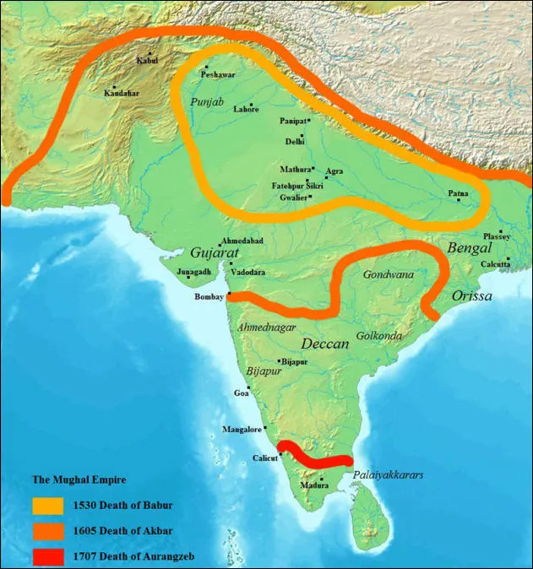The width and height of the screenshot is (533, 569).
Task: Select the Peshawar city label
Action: (215, 75)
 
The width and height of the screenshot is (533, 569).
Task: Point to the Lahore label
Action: (247, 111)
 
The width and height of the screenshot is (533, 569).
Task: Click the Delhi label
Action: (295, 141)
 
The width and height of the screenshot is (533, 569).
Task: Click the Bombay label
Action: (209, 298)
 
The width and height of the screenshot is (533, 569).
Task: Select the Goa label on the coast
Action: (242, 393)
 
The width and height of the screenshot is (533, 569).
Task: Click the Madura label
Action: (314, 486)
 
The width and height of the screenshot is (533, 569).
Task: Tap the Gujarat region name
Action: (215, 253)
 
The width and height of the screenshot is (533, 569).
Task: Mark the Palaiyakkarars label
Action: (388, 474)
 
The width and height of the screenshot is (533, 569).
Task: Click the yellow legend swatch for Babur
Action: (47, 506)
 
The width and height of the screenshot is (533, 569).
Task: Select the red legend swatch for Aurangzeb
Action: (47, 556)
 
